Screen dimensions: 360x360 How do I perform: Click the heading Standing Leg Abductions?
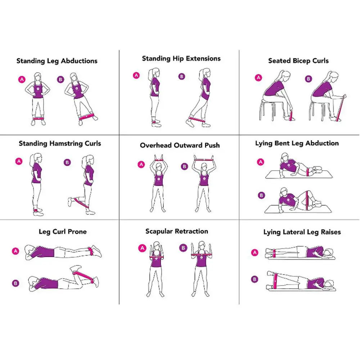point(57,61)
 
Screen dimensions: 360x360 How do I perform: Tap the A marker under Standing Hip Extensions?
point(136,75)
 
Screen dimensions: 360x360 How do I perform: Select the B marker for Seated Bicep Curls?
point(309,78)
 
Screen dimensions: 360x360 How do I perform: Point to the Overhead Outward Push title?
point(180,145)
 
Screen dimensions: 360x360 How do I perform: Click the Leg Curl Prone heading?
point(63,231)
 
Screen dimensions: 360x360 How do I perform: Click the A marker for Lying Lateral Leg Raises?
point(255,253)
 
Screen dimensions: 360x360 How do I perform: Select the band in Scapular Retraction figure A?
point(156,257)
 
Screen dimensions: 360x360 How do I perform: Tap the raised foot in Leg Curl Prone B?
point(76,268)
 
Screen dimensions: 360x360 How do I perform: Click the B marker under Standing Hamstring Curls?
point(67,162)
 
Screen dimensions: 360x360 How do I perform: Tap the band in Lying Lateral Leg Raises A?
point(275,252)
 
